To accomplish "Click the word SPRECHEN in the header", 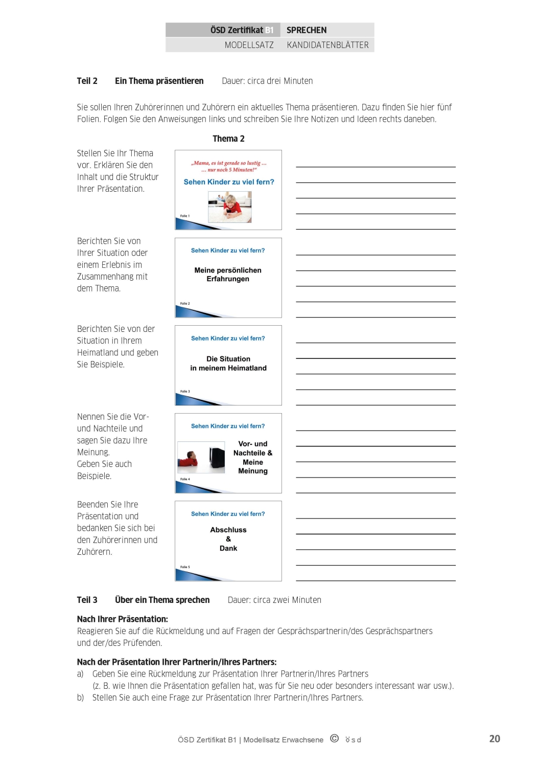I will pos(306,30).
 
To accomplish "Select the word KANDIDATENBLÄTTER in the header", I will pos(327,45).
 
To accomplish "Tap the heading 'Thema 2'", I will pos(228,139).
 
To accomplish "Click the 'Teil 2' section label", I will pos(87,81).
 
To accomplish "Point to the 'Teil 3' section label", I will pos(87,600).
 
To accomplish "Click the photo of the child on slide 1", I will pos(230,207).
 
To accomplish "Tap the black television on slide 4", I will pos(217,457).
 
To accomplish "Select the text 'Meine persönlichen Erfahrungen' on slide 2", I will pos(228,275).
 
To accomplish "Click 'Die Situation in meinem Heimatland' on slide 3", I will pos(228,364).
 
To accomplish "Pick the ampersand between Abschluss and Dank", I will pos(228,539).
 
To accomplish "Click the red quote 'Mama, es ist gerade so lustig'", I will pos(229,163).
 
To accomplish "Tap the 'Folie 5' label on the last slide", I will pos(185,567).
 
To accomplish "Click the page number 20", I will pos(495,738).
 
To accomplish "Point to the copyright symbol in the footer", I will pos(334,738).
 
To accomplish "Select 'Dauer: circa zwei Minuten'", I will pos(274,600).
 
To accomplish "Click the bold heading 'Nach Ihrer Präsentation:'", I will pos(122,619).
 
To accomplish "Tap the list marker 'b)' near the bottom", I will pos(80,697).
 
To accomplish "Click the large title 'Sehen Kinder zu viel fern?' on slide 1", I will pos(229,182).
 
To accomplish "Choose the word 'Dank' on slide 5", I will pos(228,548).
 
